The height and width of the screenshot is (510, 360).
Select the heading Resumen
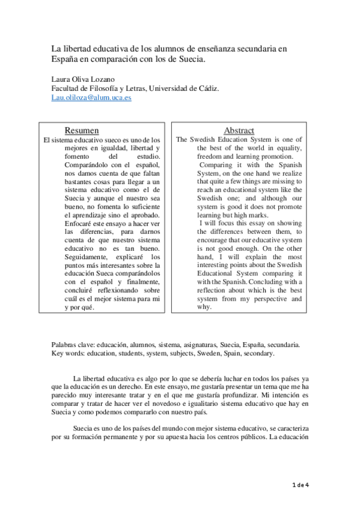[x=82, y=131]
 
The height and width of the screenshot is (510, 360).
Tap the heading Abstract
[x=239, y=131]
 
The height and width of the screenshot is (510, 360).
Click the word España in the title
[x=64, y=60]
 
